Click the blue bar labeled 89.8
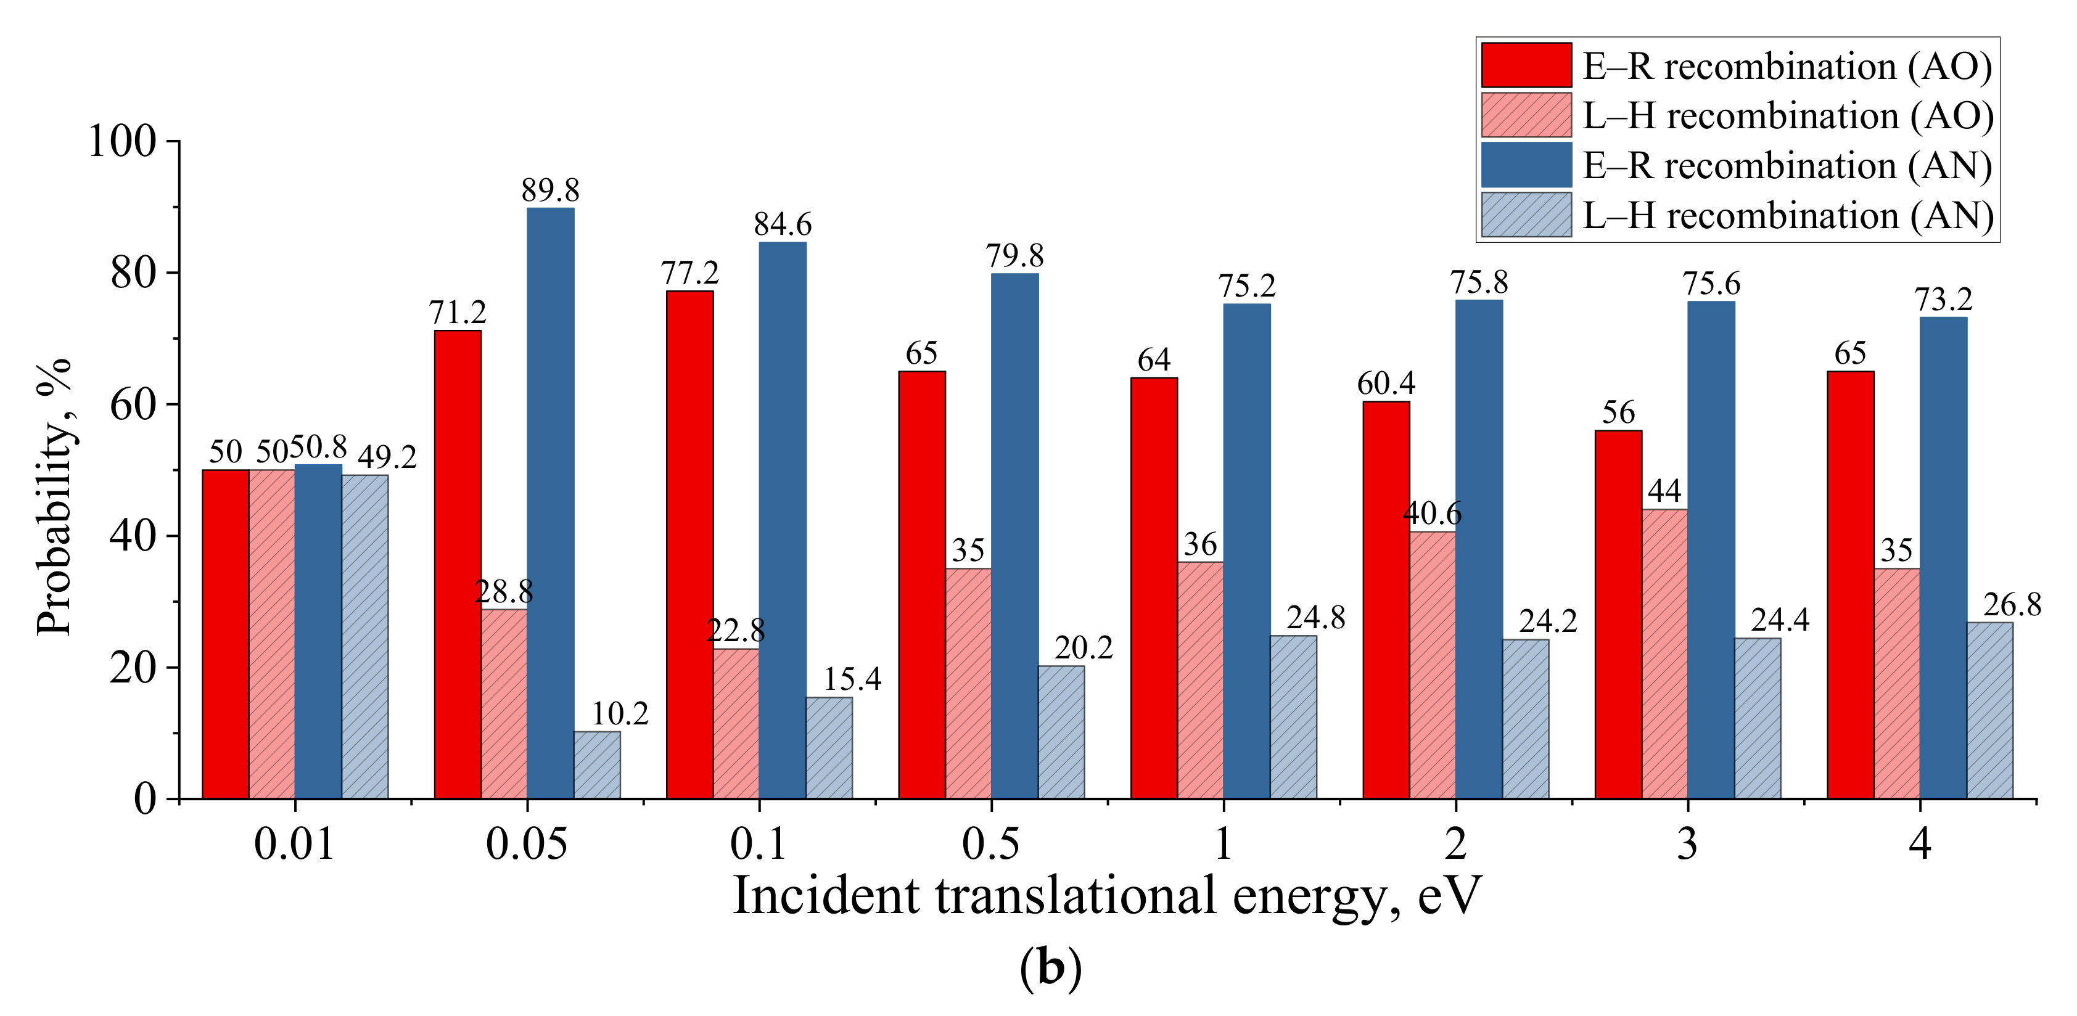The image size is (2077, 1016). coord(551,503)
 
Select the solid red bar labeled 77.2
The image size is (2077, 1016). coord(689,544)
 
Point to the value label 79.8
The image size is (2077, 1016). coord(1014,256)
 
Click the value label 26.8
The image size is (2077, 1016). coord(2012,605)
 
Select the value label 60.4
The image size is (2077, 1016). coord(1386,384)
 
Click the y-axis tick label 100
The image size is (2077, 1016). coord(121,142)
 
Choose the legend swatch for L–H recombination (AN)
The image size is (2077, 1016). coord(1526,215)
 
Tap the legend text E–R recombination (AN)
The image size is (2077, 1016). coord(1786,166)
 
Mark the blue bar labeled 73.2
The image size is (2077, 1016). coord(1943,558)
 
